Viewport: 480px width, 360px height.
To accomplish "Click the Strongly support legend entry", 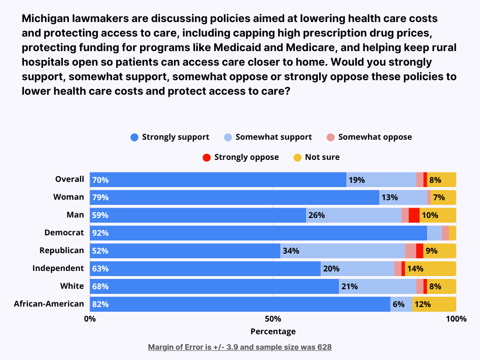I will pyautogui.click(x=170, y=137).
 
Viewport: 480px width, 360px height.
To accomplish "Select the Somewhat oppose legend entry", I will pyautogui.click(x=369, y=137).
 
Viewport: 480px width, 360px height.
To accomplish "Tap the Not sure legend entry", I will pyautogui.click(x=316, y=157).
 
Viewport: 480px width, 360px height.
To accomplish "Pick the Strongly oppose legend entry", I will pyautogui.click(x=240, y=157).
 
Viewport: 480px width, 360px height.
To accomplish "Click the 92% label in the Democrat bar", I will pyautogui.click(x=100, y=233).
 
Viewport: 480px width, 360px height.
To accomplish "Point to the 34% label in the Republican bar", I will pyautogui.click(x=291, y=251).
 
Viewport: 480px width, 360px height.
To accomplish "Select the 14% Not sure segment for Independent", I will pyautogui.click(x=430, y=269).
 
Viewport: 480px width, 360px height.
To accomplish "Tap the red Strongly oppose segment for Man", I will pyautogui.click(x=414, y=215).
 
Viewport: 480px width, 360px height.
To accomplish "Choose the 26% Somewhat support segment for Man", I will pyautogui.click(x=353, y=215).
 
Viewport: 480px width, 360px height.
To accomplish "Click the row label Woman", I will pyautogui.click(x=68, y=197).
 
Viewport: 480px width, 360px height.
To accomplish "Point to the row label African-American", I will pyautogui.click(x=49, y=304).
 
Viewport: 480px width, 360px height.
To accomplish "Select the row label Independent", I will pyautogui.click(x=58, y=269).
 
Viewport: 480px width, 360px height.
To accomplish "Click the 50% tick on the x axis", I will pyautogui.click(x=273, y=319).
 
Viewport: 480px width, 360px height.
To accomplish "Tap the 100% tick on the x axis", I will pyautogui.click(x=456, y=319).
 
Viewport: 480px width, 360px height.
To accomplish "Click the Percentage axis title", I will pyautogui.click(x=273, y=331).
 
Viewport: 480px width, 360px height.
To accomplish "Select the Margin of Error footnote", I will pyautogui.click(x=240, y=347).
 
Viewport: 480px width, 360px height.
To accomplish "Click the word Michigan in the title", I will pyautogui.click(x=45, y=19).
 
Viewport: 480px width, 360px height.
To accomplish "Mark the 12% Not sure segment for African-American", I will pyautogui.click(x=434, y=304).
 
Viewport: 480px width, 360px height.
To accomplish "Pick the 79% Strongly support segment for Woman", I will pyautogui.click(x=234, y=197).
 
